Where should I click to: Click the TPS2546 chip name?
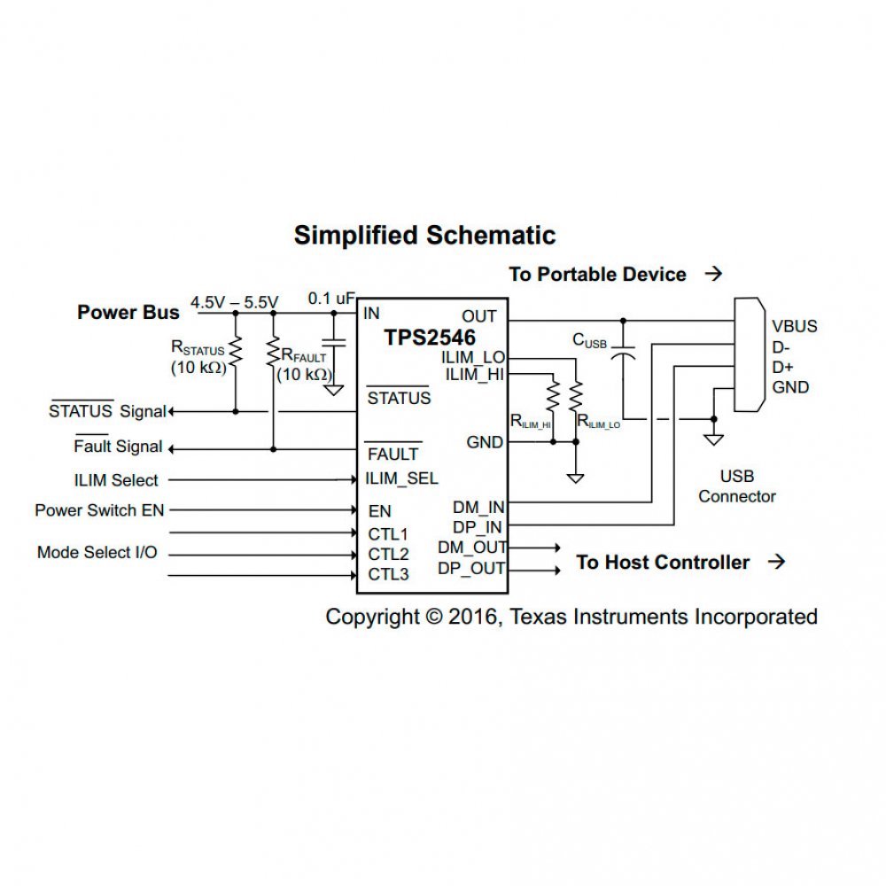430,338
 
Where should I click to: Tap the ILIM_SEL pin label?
401,479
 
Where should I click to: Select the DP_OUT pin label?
471,569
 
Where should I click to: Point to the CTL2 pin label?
388,555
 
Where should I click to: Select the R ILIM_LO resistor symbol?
576,395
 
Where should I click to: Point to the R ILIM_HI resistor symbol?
552,395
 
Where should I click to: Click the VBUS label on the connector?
794,326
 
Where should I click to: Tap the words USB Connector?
736,486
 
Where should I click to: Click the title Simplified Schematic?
424,236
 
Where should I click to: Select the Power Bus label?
128,312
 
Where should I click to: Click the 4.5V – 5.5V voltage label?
234,301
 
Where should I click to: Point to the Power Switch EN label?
100,510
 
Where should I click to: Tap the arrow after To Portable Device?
713,275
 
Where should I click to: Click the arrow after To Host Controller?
776,562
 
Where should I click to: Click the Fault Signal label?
118,447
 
